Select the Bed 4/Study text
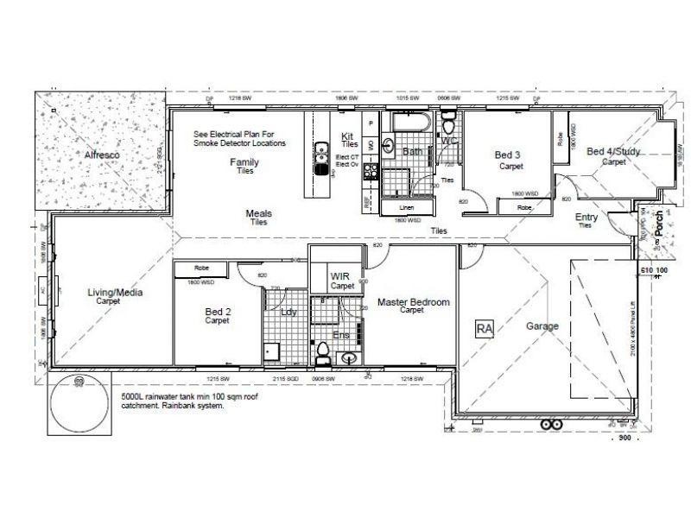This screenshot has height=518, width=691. pos(613,151)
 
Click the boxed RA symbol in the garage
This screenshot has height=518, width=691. pos(484,328)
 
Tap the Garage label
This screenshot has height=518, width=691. pos(542,326)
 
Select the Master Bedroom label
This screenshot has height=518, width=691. pos(414,302)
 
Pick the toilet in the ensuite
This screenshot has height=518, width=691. pos(323,352)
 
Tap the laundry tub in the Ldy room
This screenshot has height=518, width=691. pos(272,351)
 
